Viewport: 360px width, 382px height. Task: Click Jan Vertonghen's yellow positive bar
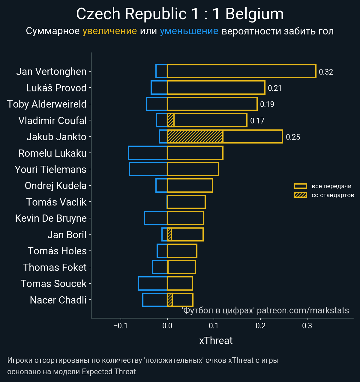click(x=241, y=71)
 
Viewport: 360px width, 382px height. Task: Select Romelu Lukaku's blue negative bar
click(x=148, y=153)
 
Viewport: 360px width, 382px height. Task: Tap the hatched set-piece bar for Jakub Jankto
click(x=195, y=137)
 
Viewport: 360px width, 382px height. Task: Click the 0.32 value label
click(x=326, y=72)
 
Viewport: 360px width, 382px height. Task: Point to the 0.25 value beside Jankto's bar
click(x=293, y=137)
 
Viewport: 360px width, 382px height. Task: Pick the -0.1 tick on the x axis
click(x=121, y=326)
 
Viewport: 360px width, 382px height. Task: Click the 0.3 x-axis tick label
click(x=307, y=326)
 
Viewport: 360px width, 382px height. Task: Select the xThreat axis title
click(x=216, y=341)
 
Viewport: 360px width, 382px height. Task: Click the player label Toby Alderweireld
click(x=47, y=104)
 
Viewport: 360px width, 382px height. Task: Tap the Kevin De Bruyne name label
click(x=51, y=218)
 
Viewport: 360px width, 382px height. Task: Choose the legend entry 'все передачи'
click(x=331, y=186)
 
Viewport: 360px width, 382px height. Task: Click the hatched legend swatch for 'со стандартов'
click(x=300, y=195)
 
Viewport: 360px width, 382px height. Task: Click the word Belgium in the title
click(x=254, y=14)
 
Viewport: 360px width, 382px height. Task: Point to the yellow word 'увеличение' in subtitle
click(x=109, y=31)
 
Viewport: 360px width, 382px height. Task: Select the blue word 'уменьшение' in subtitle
click(x=189, y=31)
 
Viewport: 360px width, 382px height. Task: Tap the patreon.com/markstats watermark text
click(x=303, y=310)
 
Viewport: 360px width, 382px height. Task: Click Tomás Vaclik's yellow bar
click(x=186, y=202)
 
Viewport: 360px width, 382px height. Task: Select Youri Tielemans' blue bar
click(x=148, y=169)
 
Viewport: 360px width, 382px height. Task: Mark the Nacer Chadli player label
click(x=58, y=300)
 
